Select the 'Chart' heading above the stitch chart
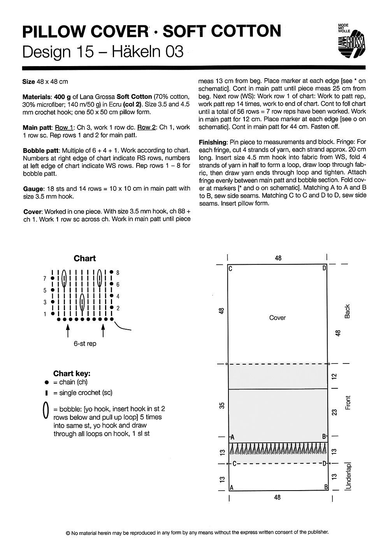click(x=84, y=259)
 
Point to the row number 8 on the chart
click(x=118, y=273)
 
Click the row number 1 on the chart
click(x=45, y=314)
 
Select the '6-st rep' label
click(x=85, y=344)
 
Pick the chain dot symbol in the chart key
click(x=46, y=383)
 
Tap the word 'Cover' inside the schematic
click(x=277, y=318)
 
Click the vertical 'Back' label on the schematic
click(x=348, y=311)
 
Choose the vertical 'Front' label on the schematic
click(x=348, y=402)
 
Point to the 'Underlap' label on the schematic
click(x=348, y=477)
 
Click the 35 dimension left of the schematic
click(x=221, y=405)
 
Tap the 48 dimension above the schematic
click(x=278, y=258)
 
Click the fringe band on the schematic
click(x=278, y=450)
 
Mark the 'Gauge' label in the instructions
click(x=33, y=189)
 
